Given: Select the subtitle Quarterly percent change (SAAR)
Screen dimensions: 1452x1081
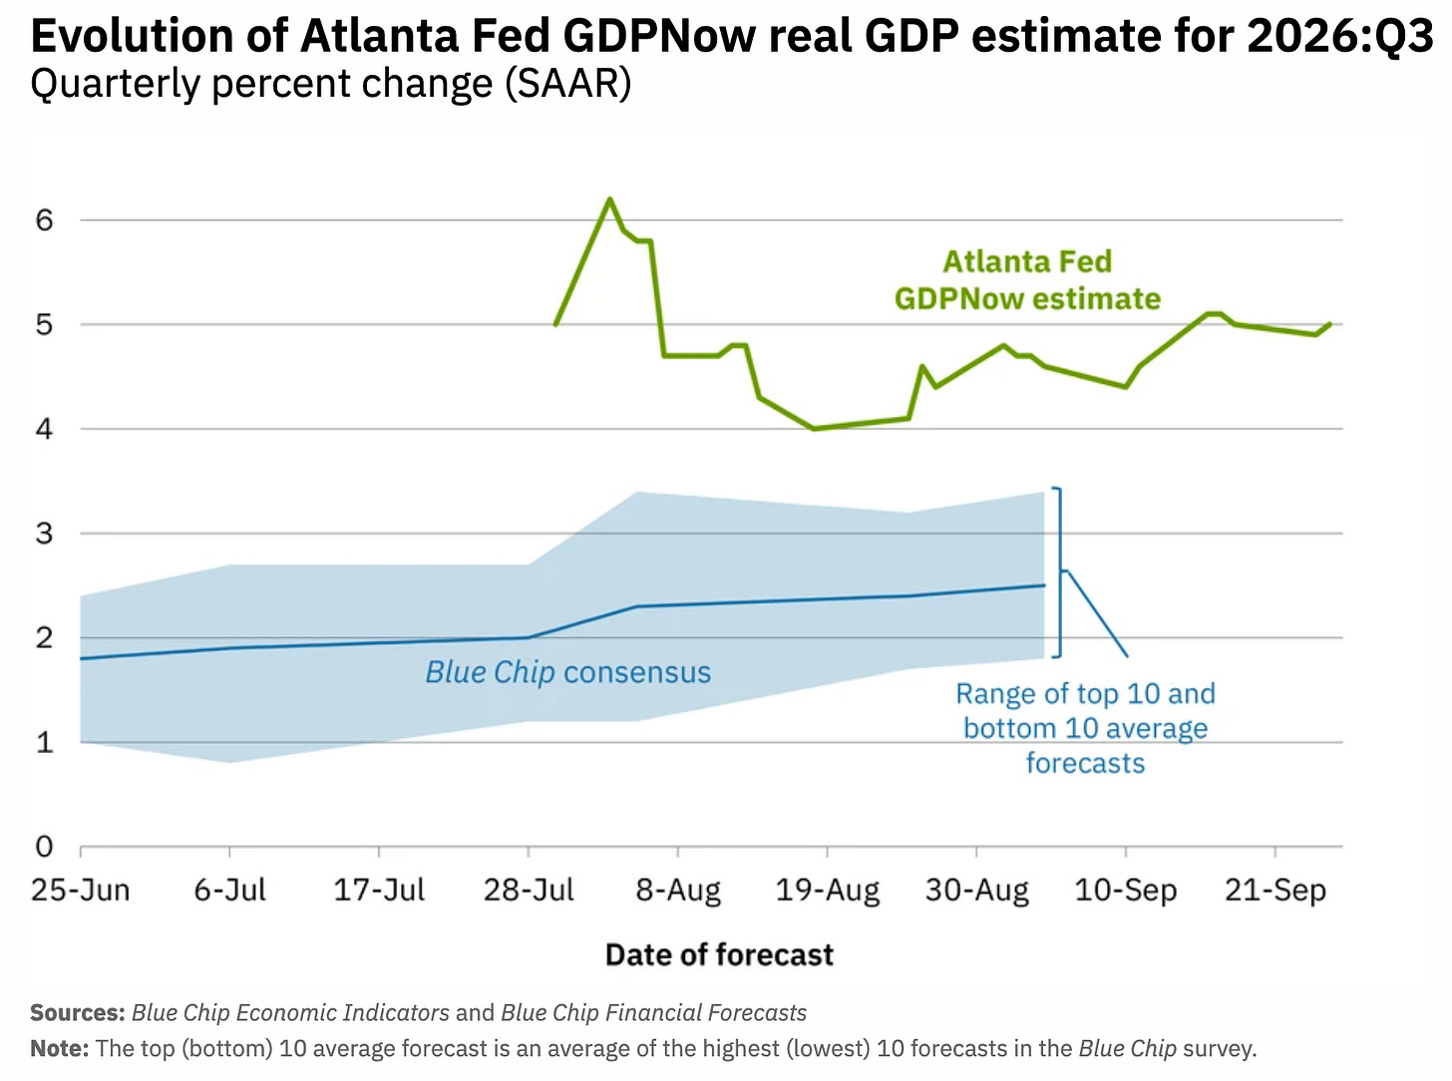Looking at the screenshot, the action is [x=331, y=84].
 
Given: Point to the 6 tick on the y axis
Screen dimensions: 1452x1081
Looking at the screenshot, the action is [x=44, y=220].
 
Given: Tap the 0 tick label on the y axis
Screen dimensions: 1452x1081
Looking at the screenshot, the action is [x=44, y=847].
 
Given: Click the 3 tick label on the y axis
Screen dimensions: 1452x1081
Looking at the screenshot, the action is [x=44, y=534].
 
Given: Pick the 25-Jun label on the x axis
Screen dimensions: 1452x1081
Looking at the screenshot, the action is [x=81, y=891].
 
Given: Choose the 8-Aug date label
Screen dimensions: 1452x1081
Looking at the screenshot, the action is [x=678, y=891].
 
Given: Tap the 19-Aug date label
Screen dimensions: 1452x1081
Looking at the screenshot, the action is [x=828, y=891].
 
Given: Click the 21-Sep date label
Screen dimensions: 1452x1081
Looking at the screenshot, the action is [x=1275, y=891].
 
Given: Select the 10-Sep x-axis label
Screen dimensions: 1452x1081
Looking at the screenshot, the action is [x=1126, y=891].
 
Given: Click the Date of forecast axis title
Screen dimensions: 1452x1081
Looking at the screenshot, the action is [x=719, y=954].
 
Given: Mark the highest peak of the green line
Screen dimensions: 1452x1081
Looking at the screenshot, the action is [x=610, y=198].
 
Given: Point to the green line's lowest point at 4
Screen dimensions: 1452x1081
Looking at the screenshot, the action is [x=814, y=429].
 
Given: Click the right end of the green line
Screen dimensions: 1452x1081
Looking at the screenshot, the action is [x=1330, y=323].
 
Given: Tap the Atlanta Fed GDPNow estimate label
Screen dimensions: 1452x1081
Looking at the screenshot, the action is [x=1028, y=280].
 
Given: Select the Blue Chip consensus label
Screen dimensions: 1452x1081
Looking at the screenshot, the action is [x=568, y=672].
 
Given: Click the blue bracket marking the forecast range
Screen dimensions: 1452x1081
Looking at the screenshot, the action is [x=1060, y=571].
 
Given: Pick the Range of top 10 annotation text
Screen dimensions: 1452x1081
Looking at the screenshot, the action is [x=1085, y=728].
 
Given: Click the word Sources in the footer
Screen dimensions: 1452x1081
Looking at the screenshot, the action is [x=77, y=1013].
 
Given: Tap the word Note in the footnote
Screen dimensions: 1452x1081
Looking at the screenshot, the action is [x=60, y=1048].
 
